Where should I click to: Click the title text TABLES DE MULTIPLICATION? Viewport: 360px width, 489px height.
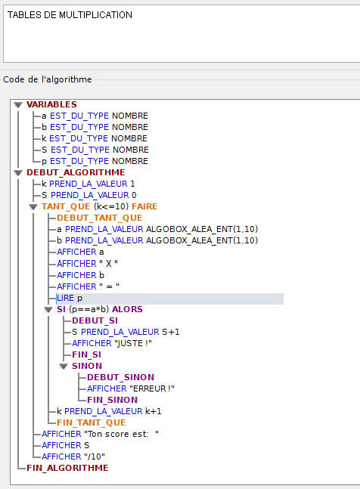point(70,15)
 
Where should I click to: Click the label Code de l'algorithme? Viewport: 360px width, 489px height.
point(48,79)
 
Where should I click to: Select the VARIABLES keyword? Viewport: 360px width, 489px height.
point(51,104)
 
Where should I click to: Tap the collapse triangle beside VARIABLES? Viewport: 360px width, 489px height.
point(18,105)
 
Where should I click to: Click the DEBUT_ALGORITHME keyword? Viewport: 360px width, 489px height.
point(76,172)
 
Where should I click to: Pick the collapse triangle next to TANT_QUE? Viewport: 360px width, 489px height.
point(33,207)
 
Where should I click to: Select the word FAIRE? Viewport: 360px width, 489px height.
point(144,206)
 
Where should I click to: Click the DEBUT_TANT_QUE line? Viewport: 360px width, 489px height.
point(100,218)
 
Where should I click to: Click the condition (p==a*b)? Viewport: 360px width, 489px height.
point(89,309)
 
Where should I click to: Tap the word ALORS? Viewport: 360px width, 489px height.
point(127,309)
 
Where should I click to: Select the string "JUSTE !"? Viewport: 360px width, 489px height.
point(133,343)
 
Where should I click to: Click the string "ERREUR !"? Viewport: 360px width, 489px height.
point(152,388)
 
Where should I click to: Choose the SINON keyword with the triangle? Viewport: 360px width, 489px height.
point(87,366)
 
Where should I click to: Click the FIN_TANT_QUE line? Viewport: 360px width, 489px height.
point(92,422)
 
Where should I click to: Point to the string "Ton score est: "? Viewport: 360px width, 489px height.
point(121,434)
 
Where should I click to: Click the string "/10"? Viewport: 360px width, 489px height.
point(95,457)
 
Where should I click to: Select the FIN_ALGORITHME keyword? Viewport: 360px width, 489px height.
point(67,468)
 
